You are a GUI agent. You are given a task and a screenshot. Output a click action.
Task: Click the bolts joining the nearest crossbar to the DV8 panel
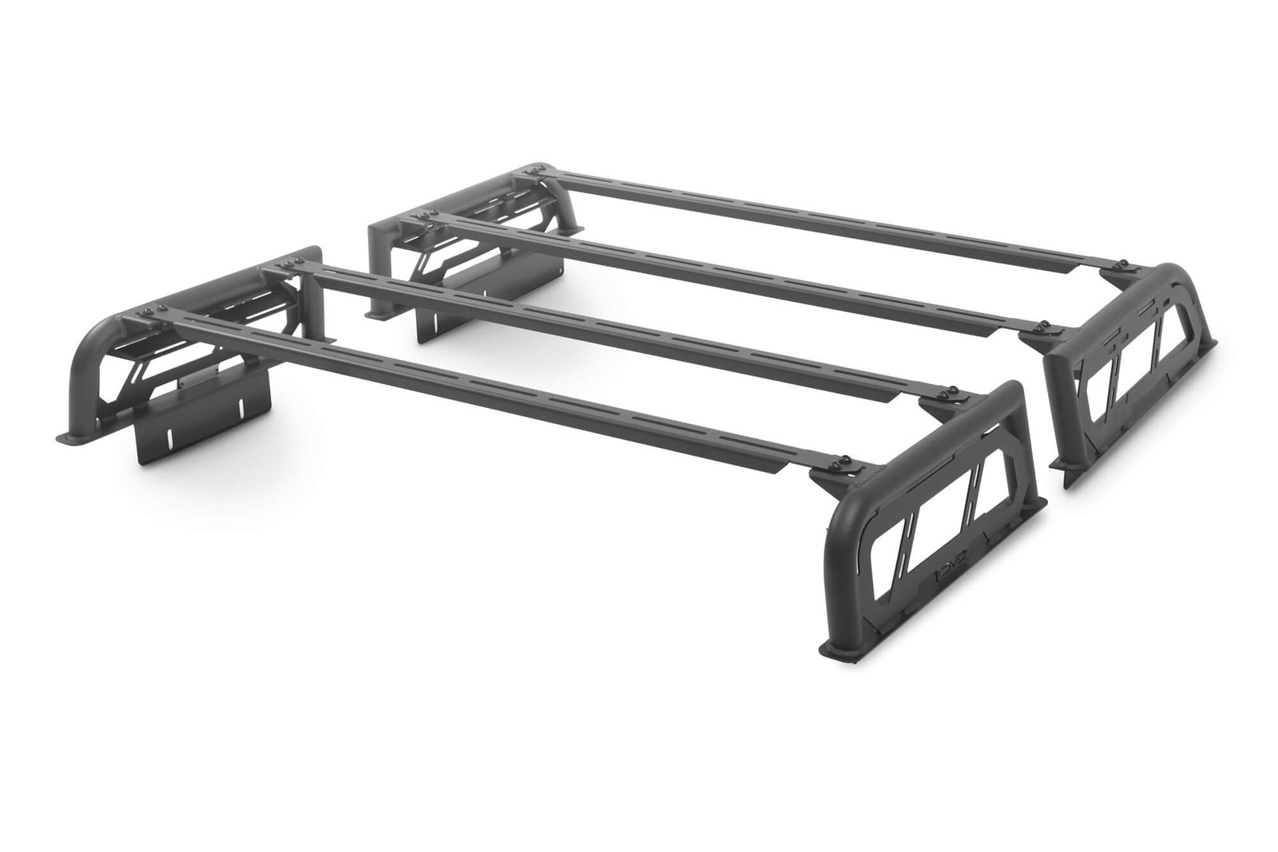(x=843, y=464)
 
